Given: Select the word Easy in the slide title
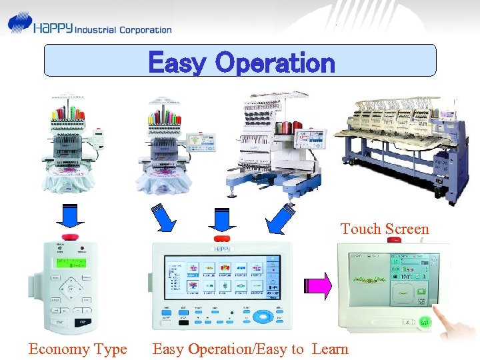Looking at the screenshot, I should pos(177,63).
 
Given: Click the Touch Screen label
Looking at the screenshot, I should pos(385,229).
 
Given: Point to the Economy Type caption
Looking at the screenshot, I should pos(77,349).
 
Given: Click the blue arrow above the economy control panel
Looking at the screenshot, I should pos(67,217).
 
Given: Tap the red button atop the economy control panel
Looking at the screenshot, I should pos(68,237).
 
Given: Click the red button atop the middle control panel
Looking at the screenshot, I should pos(221,239).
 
